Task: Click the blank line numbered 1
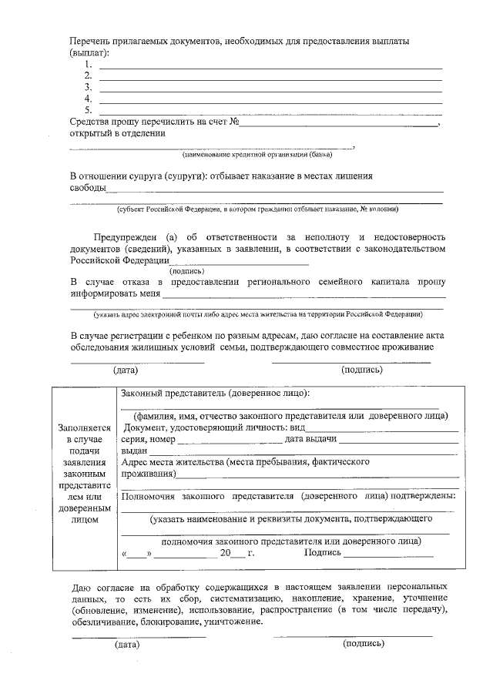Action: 270,68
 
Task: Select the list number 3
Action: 89,87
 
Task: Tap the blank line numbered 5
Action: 270,112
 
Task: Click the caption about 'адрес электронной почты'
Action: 258,314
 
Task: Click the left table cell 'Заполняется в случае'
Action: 85,434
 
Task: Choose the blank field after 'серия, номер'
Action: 230,440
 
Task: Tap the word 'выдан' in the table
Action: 134,451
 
